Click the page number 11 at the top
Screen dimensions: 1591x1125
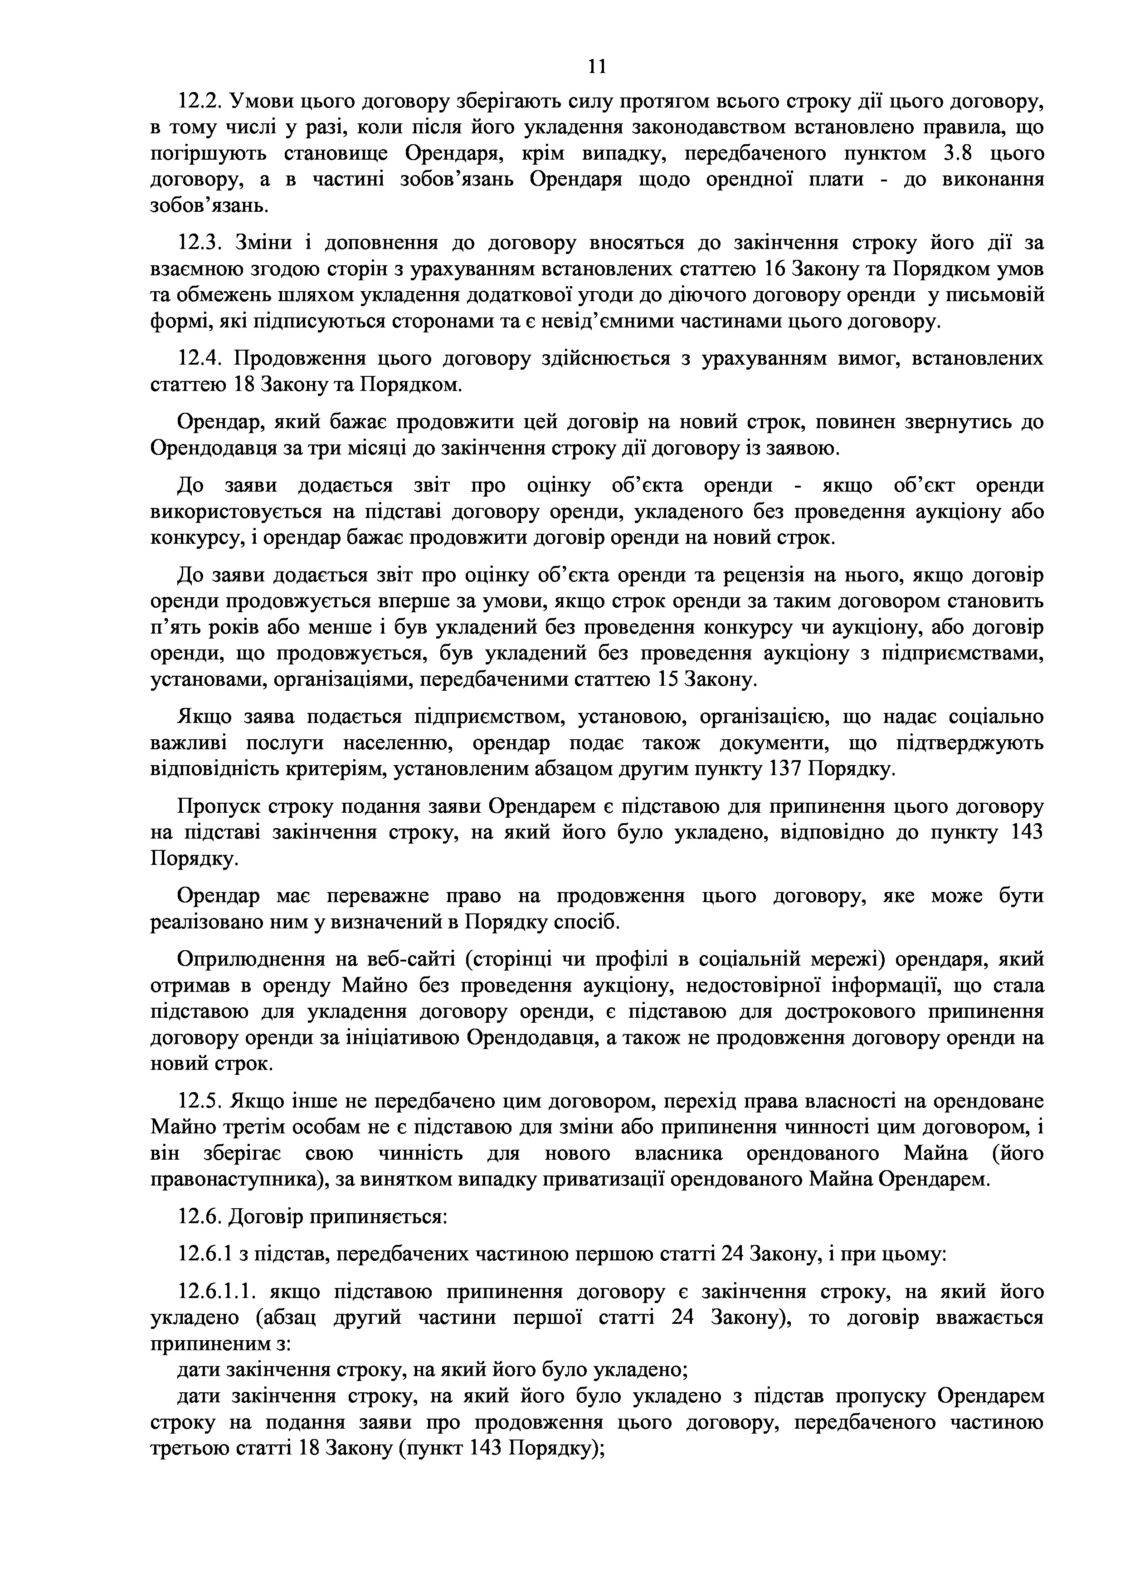click(596, 67)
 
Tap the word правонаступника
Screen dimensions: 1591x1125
click(233, 1179)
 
